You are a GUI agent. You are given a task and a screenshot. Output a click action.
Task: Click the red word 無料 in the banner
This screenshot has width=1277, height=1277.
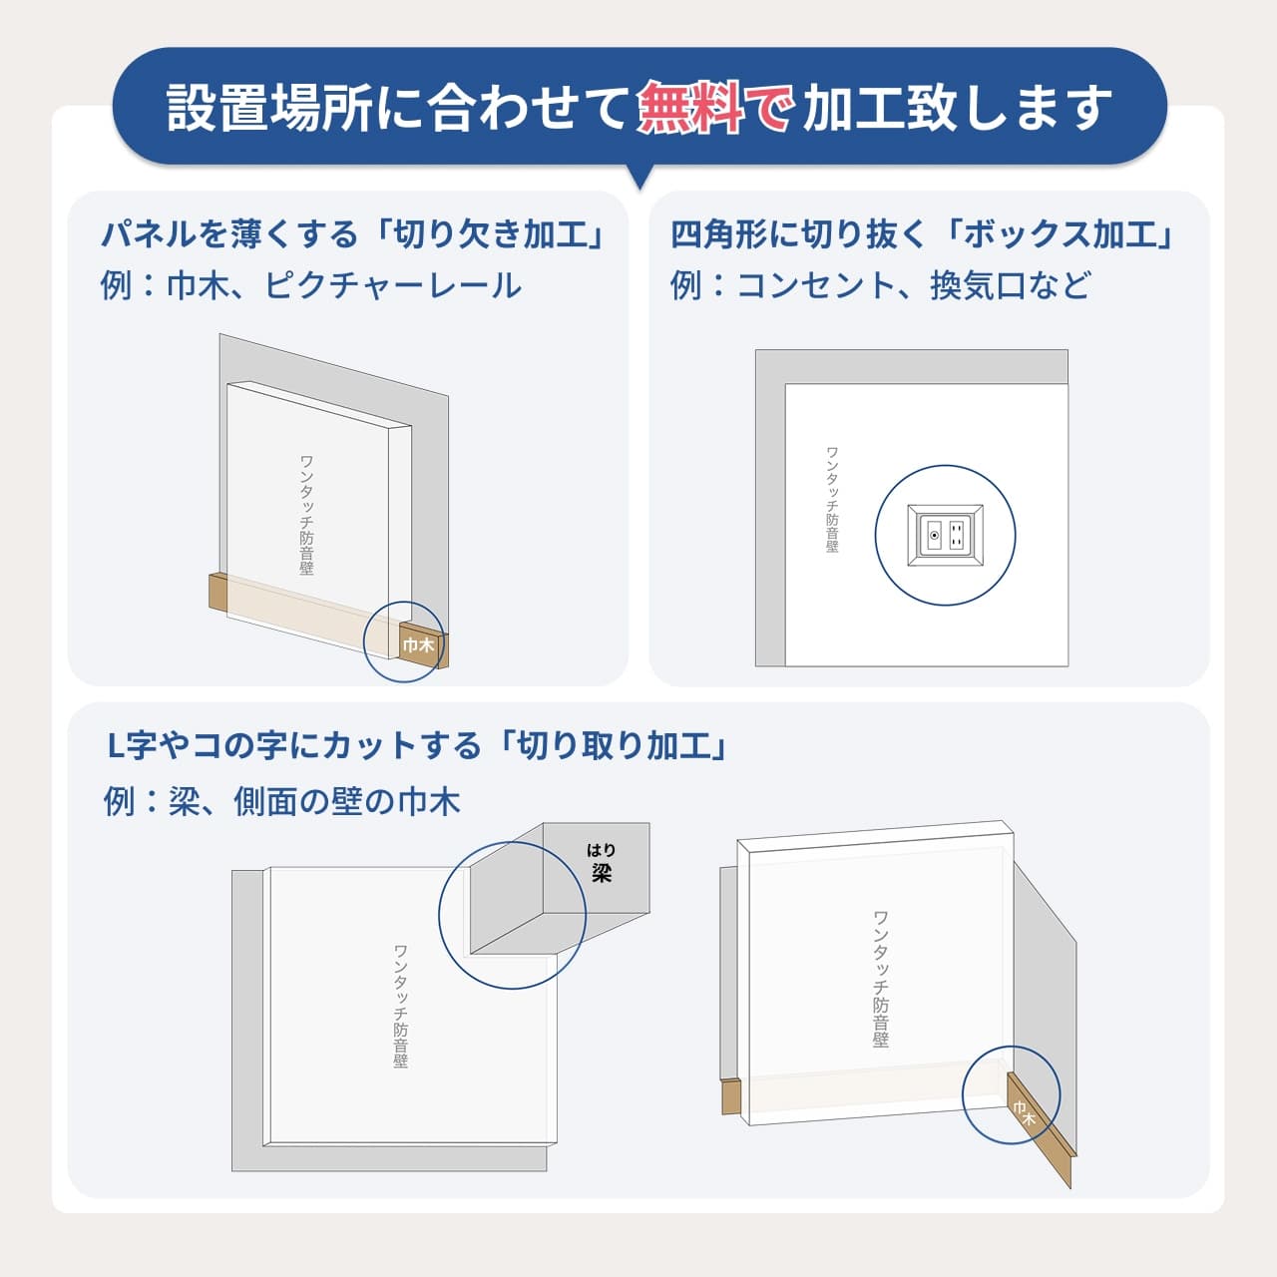[x=689, y=107]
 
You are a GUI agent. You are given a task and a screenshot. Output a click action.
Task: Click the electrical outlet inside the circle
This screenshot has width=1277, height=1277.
[x=945, y=536]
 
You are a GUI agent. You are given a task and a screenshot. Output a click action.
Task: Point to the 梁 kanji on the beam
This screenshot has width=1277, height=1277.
[x=601, y=874]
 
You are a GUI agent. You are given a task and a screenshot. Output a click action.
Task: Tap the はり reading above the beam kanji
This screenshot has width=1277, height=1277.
[x=601, y=850]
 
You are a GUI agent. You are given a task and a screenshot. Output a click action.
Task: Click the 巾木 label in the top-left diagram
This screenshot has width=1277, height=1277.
[x=418, y=645]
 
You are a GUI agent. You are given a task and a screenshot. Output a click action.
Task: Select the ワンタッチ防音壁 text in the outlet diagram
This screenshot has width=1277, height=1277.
[x=832, y=499]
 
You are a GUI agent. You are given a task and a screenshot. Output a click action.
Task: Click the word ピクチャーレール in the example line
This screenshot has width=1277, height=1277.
[x=393, y=286]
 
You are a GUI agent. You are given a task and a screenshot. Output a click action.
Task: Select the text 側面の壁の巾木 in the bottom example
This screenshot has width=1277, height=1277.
[x=346, y=801]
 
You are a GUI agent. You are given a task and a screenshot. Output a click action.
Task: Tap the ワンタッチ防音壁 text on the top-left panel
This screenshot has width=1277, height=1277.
[x=307, y=515]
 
